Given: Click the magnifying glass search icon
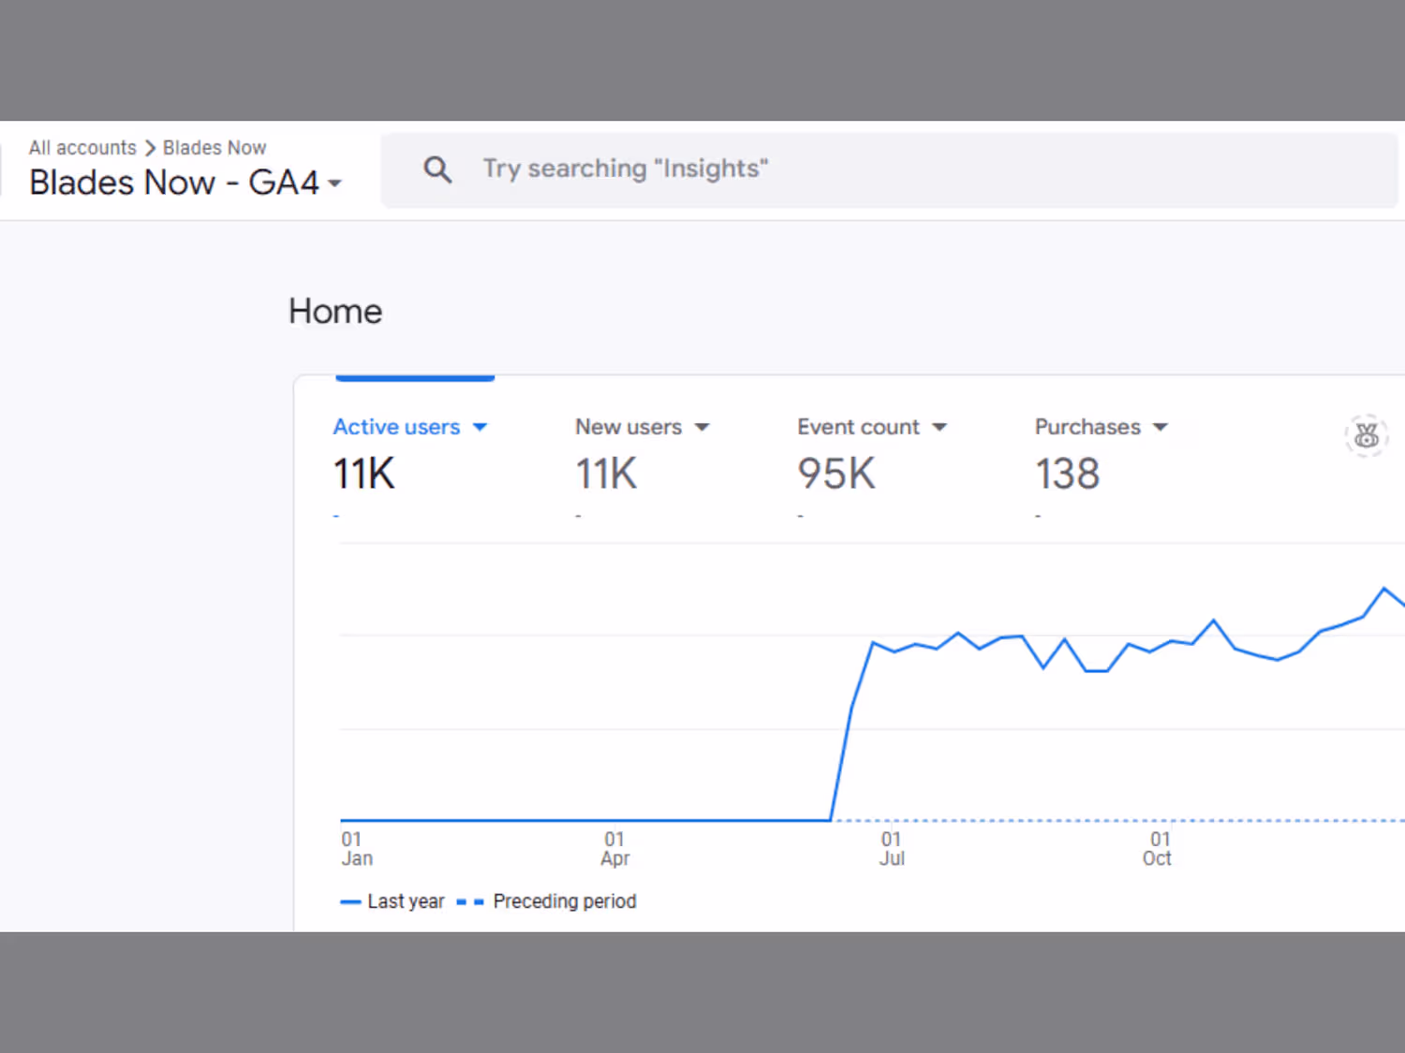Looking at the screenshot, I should pyautogui.click(x=437, y=169).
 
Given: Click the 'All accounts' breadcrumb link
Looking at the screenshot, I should pyautogui.click(x=82, y=148).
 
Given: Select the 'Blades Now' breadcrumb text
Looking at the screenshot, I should pyautogui.click(x=214, y=148).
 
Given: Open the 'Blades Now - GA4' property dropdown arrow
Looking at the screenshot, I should pyautogui.click(x=334, y=183).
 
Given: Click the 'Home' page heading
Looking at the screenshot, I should pyautogui.click(x=335, y=312).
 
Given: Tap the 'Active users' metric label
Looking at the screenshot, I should pyautogui.click(x=397, y=427).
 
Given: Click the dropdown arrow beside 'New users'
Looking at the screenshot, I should pyautogui.click(x=702, y=428).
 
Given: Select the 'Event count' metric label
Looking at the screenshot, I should pyautogui.click(x=858, y=427).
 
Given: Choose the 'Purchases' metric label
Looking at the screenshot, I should pyautogui.click(x=1087, y=427).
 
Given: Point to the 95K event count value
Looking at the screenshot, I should pyautogui.click(x=836, y=474).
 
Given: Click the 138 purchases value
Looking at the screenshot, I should pyautogui.click(x=1067, y=474).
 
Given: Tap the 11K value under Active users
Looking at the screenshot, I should pyautogui.click(x=364, y=474).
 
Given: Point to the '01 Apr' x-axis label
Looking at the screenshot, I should pyautogui.click(x=615, y=849).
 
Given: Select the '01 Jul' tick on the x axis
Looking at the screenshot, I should pyautogui.click(x=892, y=849).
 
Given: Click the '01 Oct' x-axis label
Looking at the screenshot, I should pyautogui.click(x=1158, y=849).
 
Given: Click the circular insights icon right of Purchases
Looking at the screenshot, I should pyautogui.click(x=1366, y=435).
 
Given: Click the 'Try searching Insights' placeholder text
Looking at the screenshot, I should pyautogui.click(x=626, y=168).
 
